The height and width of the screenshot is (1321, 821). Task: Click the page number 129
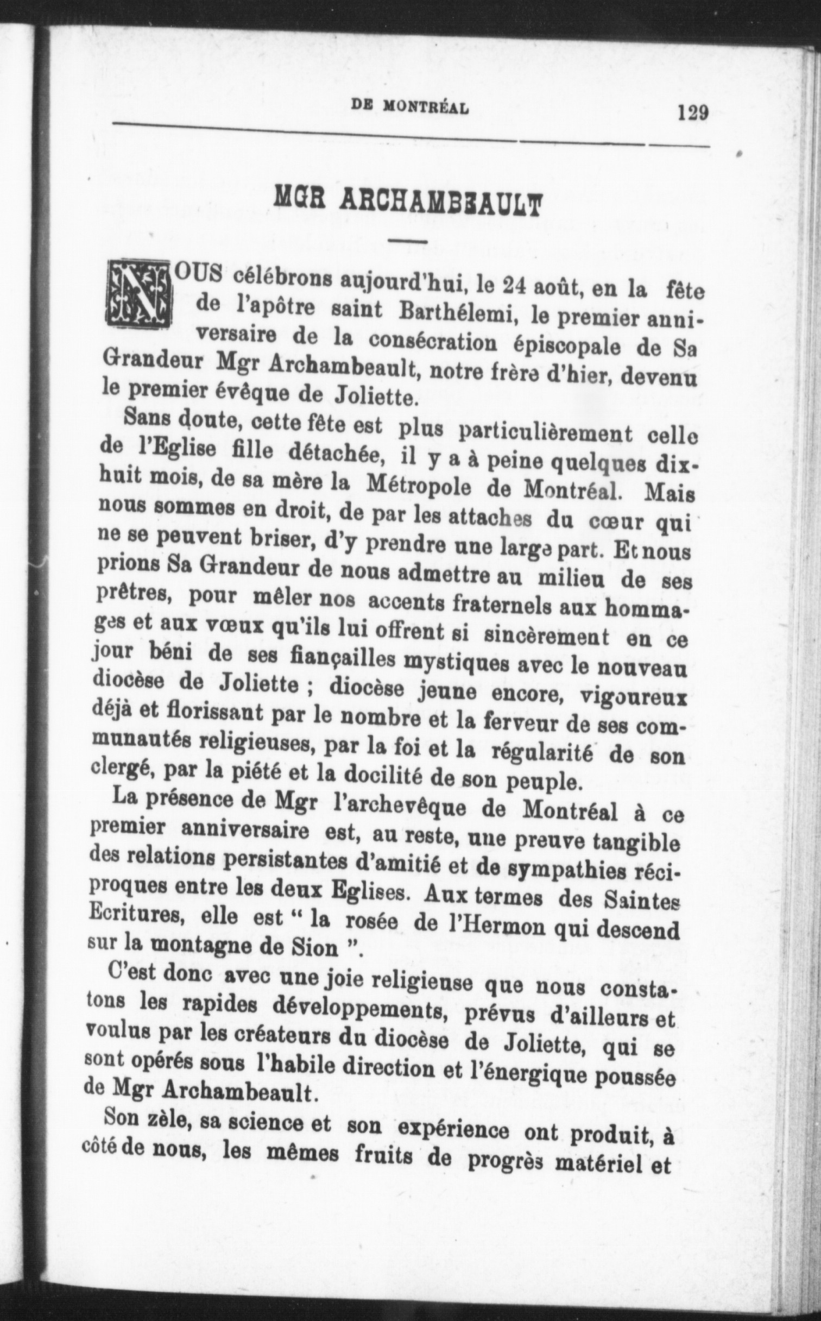tap(693, 113)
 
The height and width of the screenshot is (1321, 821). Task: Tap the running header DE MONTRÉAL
tap(410, 108)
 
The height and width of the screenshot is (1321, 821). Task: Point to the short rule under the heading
tap(409, 241)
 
